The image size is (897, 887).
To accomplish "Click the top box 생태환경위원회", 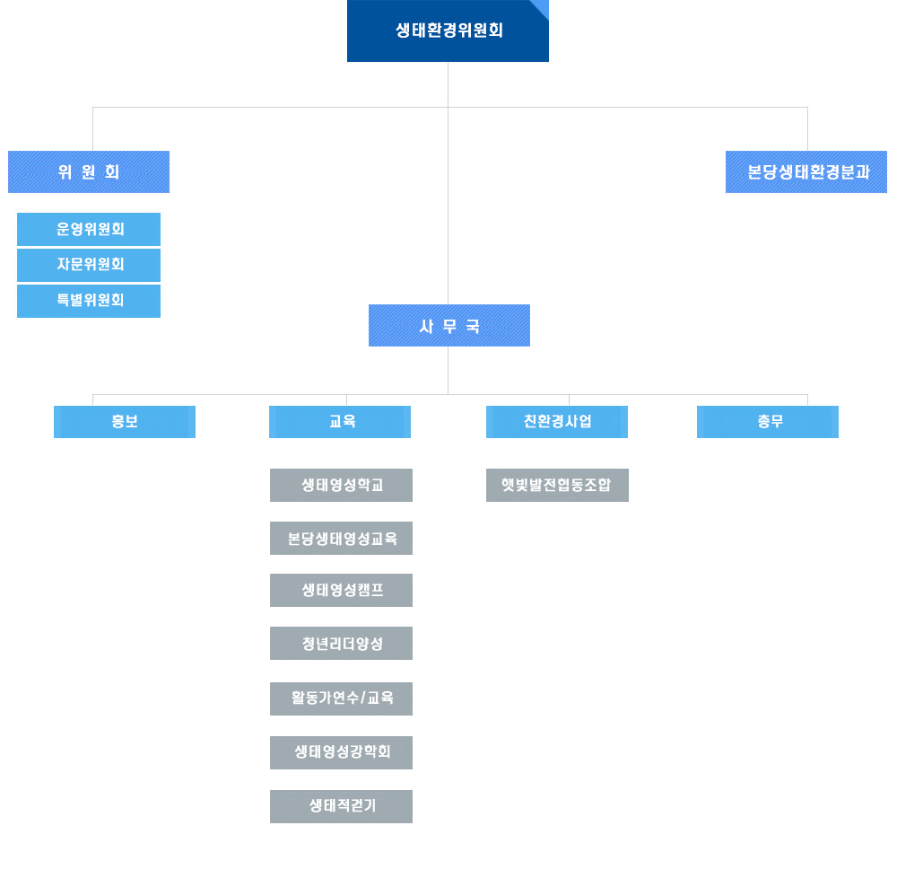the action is [448, 31].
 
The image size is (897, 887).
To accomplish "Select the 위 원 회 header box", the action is [89, 171].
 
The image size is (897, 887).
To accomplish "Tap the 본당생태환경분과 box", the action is [806, 171].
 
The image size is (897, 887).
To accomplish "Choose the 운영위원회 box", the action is [89, 229].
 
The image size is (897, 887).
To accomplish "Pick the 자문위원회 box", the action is [89, 265].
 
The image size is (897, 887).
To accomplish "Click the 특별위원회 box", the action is [89, 301].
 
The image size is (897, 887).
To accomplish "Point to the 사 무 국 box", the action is [449, 325].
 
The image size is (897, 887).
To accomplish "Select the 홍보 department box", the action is [125, 422].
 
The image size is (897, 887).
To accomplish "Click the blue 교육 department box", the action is [340, 422].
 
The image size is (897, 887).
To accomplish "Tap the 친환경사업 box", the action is [557, 422].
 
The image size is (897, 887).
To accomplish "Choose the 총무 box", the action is [768, 422].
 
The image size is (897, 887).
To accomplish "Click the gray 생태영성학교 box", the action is [341, 485].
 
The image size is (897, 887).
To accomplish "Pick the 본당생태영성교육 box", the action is [341, 539].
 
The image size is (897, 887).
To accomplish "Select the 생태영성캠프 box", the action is [341, 591].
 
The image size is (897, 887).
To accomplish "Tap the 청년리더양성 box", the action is [341, 643].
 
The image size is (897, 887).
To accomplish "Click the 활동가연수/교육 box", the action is [341, 698].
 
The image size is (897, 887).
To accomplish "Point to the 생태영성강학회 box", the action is [341, 752].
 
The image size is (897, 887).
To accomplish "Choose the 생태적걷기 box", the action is [341, 806].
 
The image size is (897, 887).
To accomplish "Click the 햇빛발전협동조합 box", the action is [557, 485].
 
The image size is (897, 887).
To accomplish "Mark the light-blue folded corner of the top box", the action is [543, 6].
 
